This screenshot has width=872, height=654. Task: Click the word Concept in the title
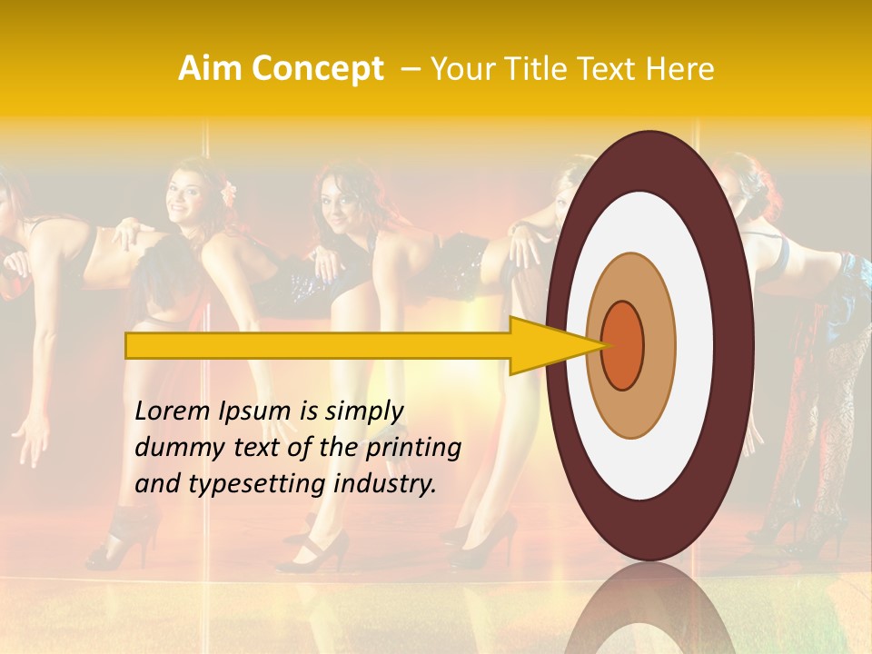[x=317, y=69]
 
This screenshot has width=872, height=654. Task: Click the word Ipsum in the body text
[x=253, y=411]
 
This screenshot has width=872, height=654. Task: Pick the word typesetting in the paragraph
[x=260, y=484]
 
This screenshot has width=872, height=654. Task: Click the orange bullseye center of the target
[x=622, y=345]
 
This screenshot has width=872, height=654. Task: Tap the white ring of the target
[x=690, y=345]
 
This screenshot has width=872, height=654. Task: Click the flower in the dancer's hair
[x=228, y=191]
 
